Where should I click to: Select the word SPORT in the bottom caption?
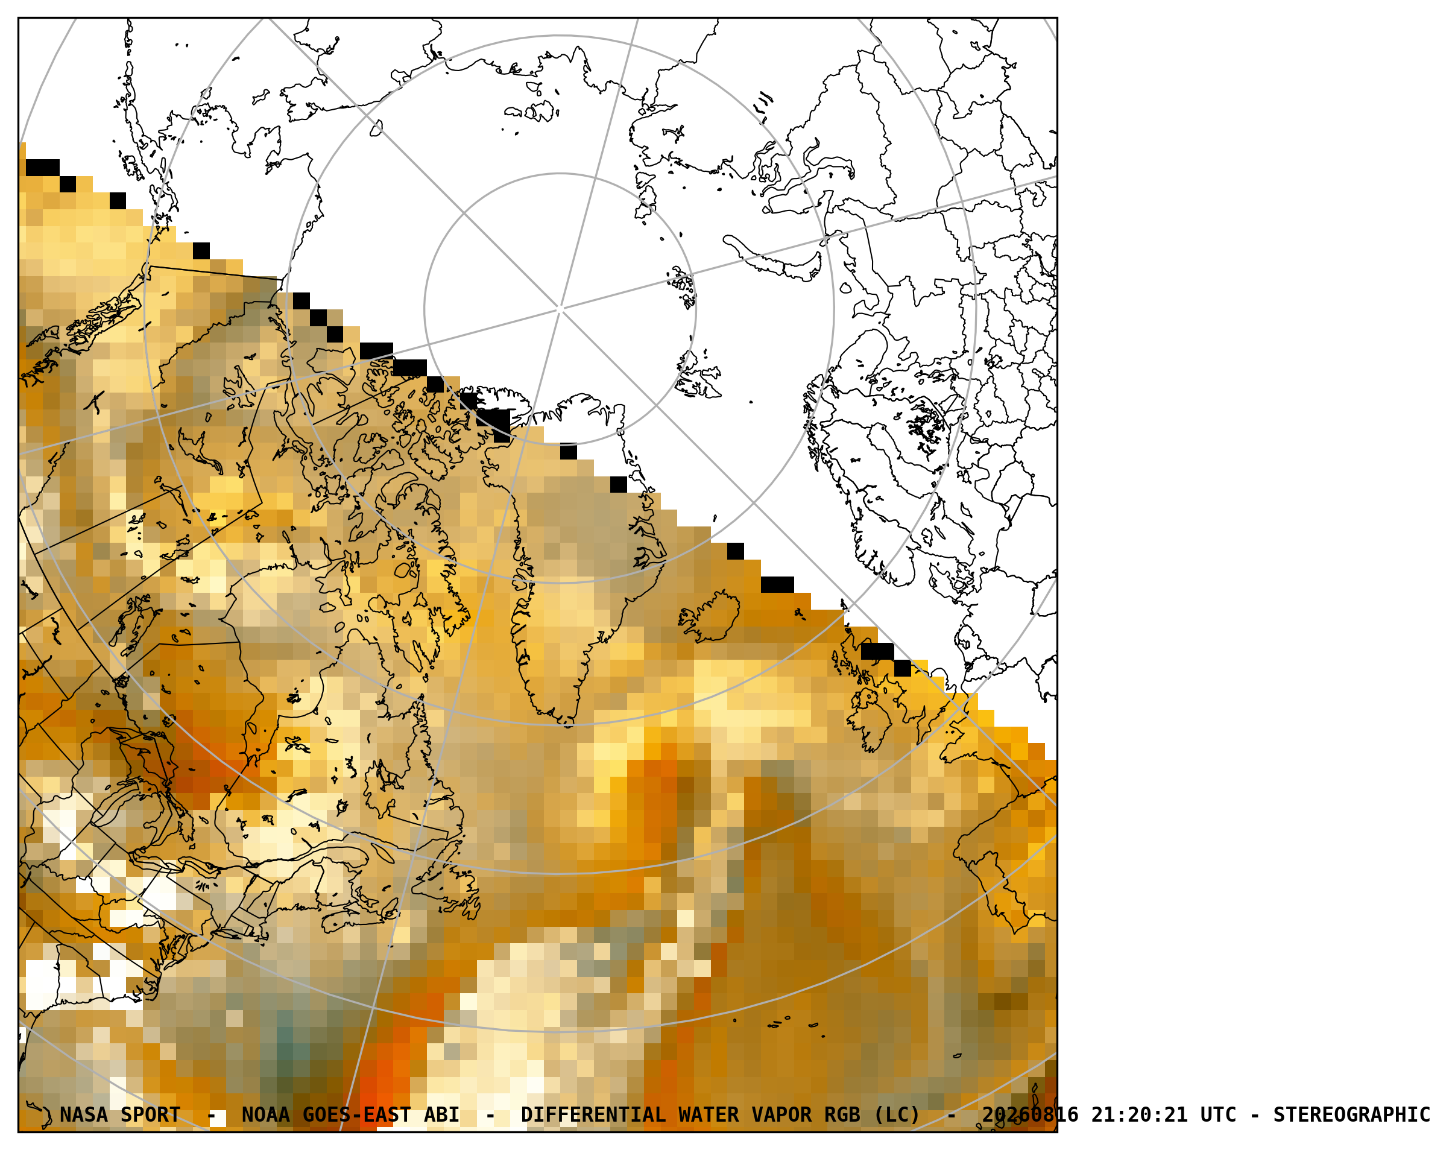pos(151,1114)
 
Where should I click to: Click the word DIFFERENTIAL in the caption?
pos(593,1114)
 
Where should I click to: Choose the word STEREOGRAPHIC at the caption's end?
pos(1351,1114)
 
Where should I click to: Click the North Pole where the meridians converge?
pos(560,309)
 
